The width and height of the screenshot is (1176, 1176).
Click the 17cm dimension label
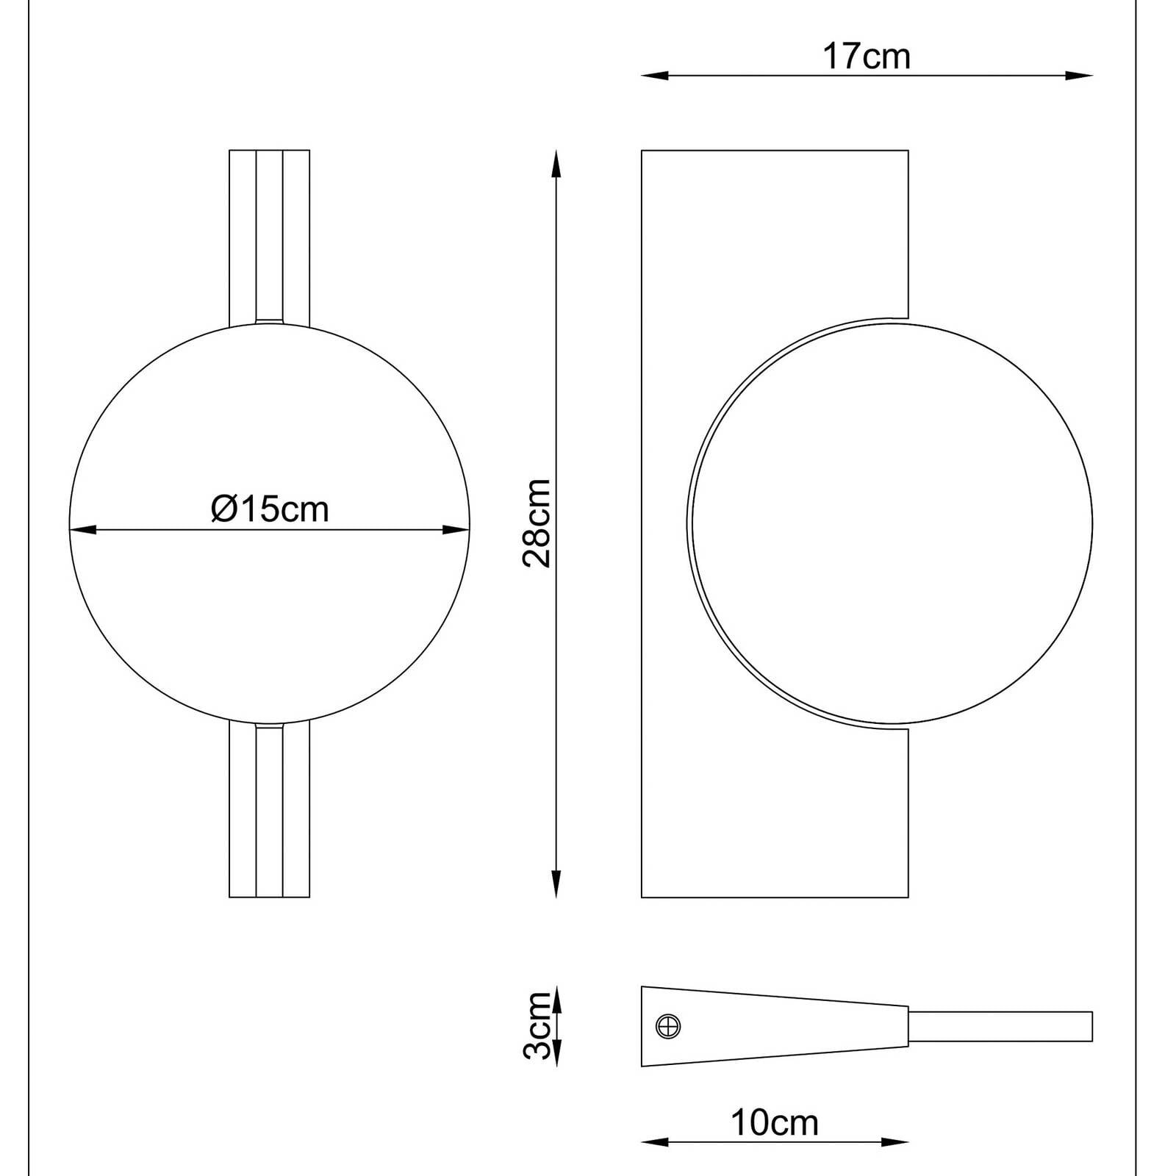click(x=867, y=57)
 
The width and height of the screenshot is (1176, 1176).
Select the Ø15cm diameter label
click(x=270, y=509)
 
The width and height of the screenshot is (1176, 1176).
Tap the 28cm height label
click(x=537, y=523)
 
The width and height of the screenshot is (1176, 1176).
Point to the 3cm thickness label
click(x=537, y=1025)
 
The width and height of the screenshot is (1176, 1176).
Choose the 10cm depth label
click(x=774, y=1122)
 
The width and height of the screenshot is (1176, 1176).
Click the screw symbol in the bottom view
click(x=668, y=1026)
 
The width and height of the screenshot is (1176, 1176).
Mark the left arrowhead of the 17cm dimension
click(x=655, y=75)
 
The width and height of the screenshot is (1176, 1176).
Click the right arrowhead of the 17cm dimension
click(x=1079, y=75)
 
